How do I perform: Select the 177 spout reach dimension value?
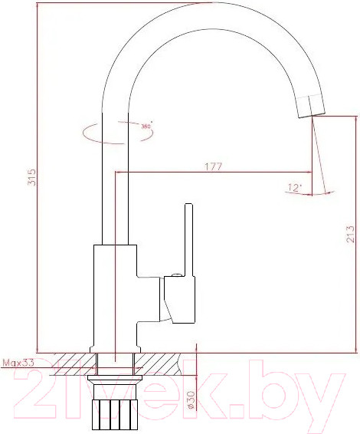tap(213, 166)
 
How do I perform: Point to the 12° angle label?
tap(295, 187)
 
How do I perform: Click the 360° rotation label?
tap(146, 125)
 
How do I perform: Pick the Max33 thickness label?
tap(18, 363)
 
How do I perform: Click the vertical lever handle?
tap(187, 238)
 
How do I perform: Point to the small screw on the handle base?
tap(176, 274)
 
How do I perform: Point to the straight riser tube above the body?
tap(114, 184)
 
